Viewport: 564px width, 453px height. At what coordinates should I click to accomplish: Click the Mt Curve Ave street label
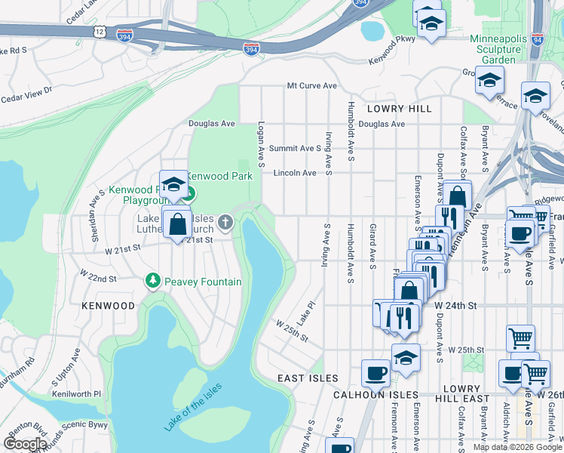311,86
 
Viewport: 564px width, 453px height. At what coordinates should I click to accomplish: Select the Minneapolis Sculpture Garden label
495,49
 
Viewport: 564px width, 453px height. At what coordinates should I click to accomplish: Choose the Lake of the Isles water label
193,408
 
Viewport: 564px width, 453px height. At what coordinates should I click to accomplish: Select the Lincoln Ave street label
295,173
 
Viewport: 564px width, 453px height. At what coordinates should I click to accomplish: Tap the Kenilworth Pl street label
77,394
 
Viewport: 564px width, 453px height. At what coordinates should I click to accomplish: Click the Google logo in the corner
25,444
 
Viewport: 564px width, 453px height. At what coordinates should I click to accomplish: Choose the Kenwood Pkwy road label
392,60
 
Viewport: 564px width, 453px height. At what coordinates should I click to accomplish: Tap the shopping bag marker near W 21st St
177,223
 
